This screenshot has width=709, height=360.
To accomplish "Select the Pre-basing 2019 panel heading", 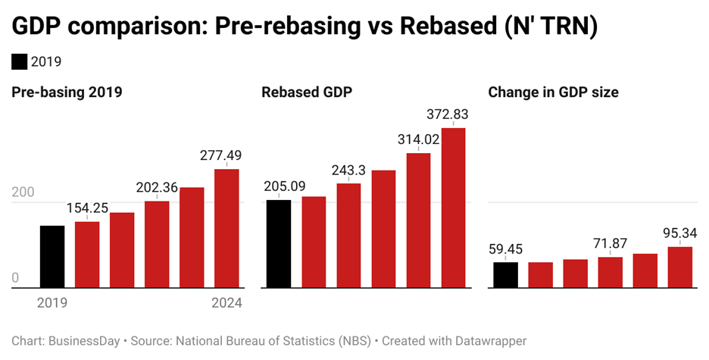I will coord(67,92).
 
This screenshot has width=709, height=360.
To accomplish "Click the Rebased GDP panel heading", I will coord(308,92).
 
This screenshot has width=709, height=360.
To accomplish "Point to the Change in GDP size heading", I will coord(553,92).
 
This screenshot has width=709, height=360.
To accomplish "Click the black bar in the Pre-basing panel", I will coord(52,257).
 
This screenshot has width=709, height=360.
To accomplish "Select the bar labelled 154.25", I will coord(87,255).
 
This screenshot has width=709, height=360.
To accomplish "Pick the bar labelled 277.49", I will coord(226,228).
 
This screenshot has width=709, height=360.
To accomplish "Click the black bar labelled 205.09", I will coord(279,244).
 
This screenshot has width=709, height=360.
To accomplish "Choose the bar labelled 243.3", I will coord(348,236).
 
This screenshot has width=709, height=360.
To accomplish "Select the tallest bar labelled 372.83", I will coord(453,208).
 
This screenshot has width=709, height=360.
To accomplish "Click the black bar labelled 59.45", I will coord(505,275).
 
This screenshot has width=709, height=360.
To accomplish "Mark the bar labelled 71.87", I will coord(610,273).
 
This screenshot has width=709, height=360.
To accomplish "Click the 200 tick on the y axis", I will coord(23,193).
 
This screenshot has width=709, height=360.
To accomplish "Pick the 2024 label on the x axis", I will coord(226,303).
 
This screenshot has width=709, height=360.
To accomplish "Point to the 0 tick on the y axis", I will coord(15,278).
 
